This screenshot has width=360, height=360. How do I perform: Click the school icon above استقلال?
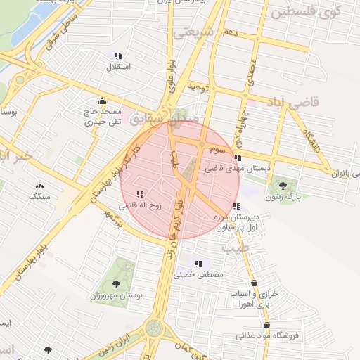(117, 56)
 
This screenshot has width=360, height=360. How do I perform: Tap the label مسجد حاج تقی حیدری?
(103, 117)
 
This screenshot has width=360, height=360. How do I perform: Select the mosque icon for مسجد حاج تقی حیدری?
(103, 100)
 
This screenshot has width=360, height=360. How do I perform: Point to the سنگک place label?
(40, 196)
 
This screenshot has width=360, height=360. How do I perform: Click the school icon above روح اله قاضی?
(140, 193)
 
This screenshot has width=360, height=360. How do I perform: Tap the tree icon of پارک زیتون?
(283, 186)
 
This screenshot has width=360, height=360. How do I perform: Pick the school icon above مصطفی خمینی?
(199, 264)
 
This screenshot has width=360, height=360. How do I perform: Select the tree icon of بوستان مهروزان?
(116, 284)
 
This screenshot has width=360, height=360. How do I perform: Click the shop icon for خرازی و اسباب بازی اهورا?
(254, 283)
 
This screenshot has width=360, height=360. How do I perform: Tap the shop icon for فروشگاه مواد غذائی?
(266, 325)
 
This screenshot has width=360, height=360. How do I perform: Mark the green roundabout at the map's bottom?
(154, 328)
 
